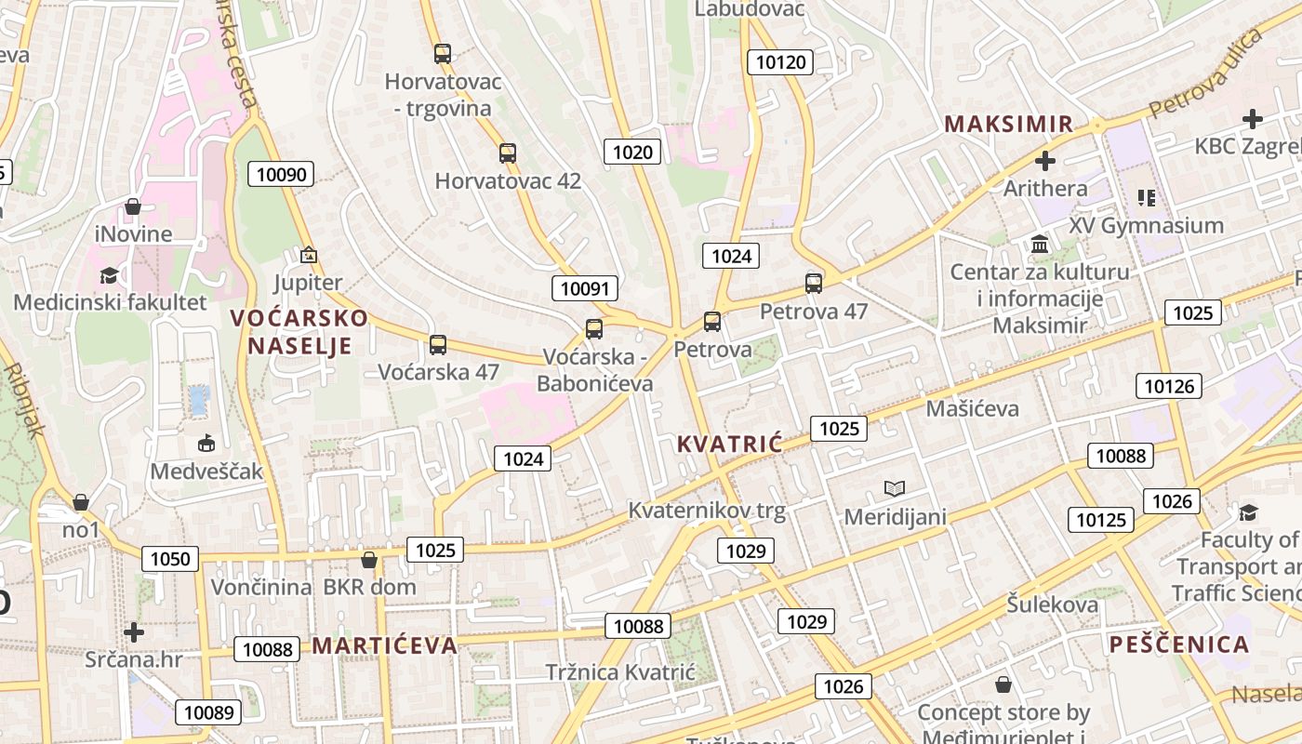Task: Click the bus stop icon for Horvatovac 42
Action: [507, 153]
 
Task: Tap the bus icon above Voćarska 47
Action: [438, 345]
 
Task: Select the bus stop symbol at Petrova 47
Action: [814, 284]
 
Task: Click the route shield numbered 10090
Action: [280, 174]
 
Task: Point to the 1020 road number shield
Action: [632, 152]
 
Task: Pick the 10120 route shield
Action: [780, 62]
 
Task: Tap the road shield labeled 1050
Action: [170, 559]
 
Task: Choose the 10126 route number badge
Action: [1169, 386]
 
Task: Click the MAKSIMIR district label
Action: [1009, 124]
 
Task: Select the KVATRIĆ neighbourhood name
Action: [730, 444]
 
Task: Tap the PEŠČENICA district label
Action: [1179, 644]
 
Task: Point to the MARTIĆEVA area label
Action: [384, 645]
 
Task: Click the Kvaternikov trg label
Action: [707, 511]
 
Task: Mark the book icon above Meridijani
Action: [895, 489]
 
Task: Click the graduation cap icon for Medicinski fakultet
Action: [110, 276]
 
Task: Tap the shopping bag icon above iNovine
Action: [133, 206]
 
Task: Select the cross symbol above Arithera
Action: [1045, 161]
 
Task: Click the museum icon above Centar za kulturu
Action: [1040, 245]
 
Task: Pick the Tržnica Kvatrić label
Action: [620, 672]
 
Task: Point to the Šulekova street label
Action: [1052, 604]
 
